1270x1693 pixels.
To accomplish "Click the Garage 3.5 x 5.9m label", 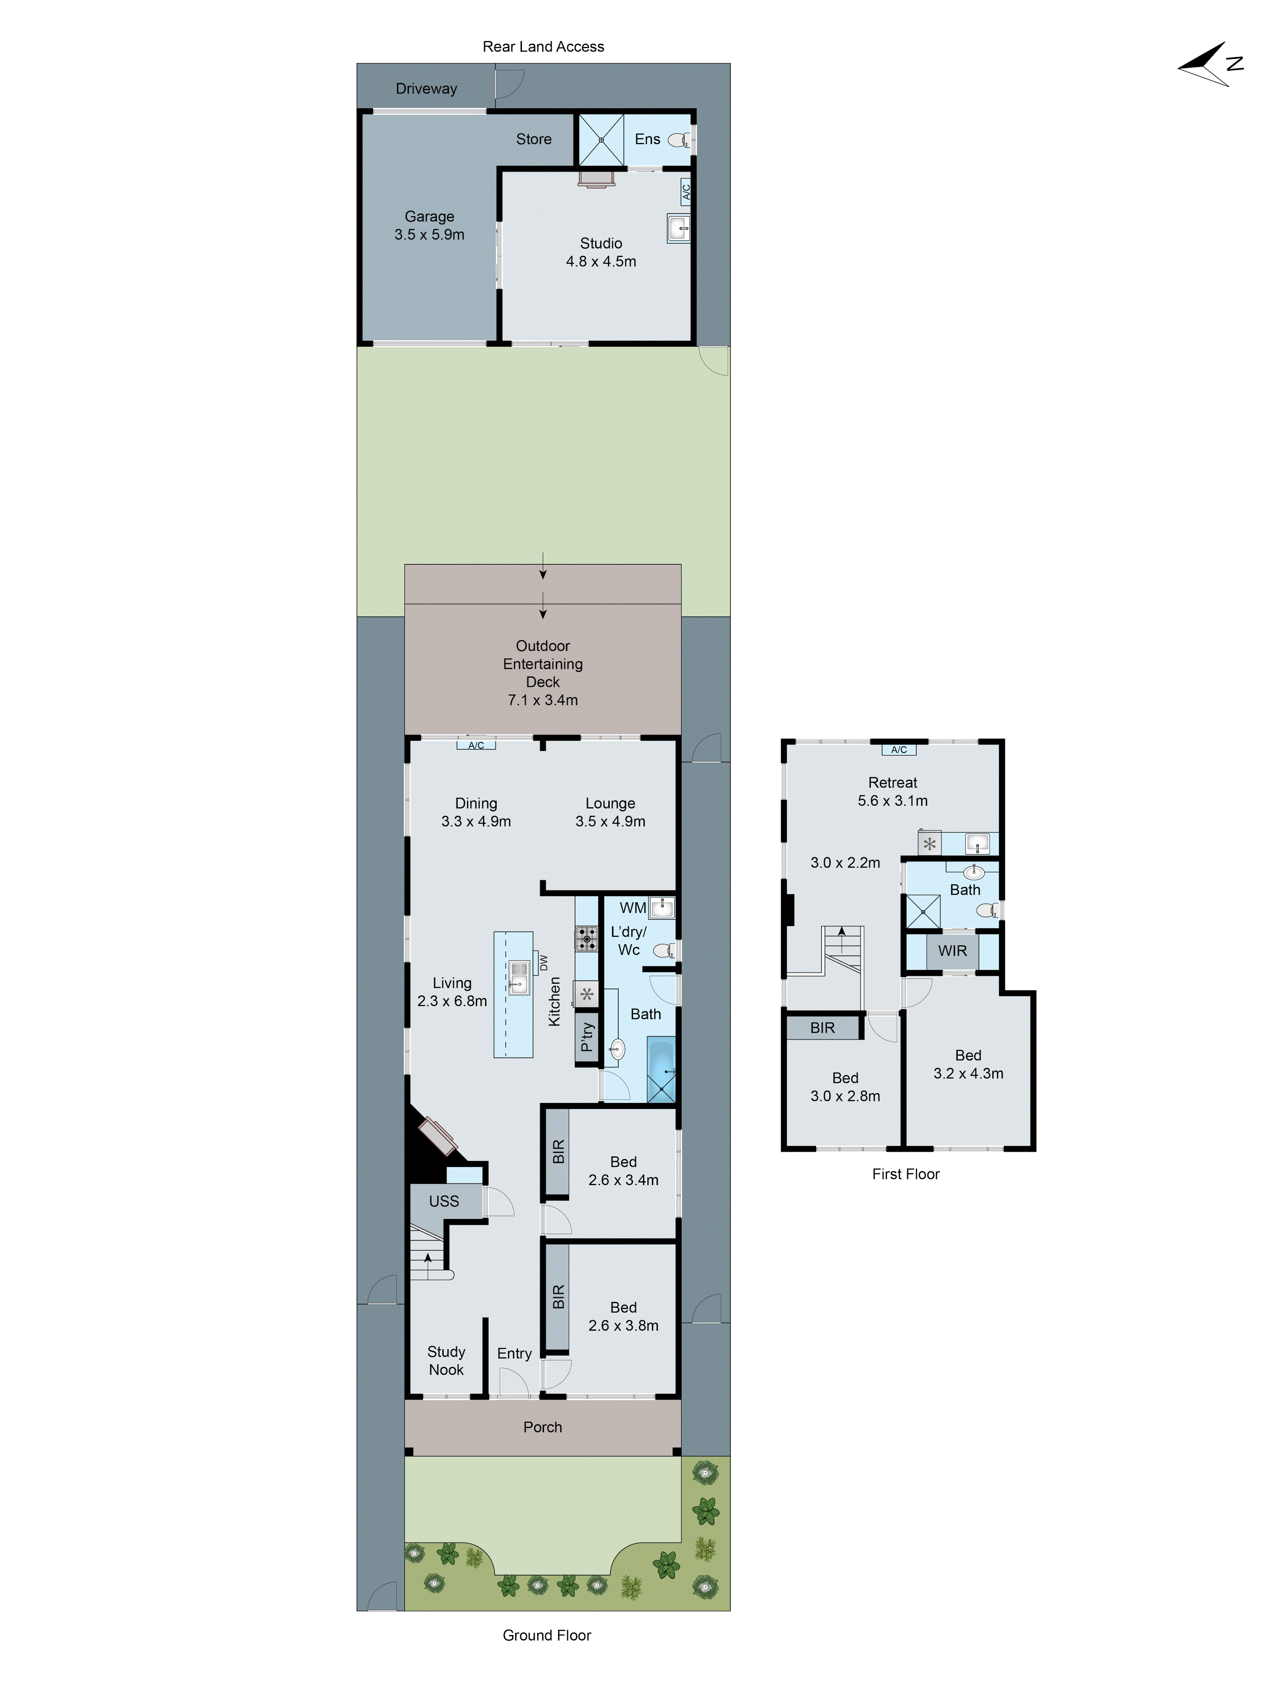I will pyautogui.click(x=429, y=226).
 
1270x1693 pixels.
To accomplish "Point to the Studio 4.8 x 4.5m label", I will pyautogui.click(x=601, y=252).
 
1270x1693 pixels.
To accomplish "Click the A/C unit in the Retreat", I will pyautogui.click(x=899, y=749).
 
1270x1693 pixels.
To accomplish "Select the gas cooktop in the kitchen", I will pyautogui.click(x=586, y=938).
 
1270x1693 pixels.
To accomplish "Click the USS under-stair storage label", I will pyautogui.click(x=444, y=1201).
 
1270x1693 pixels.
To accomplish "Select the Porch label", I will pyautogui.click(x=543, y=1427).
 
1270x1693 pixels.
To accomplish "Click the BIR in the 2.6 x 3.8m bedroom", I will pyautogui.click(x=557, y=1296).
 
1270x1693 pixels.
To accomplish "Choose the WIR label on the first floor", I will pyautogui.click(x=952, y=951).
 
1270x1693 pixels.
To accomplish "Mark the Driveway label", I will pyautogui.click(x=426, y=89).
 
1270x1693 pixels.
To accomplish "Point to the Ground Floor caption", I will pyautogui.click(x=547, y=1635).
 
